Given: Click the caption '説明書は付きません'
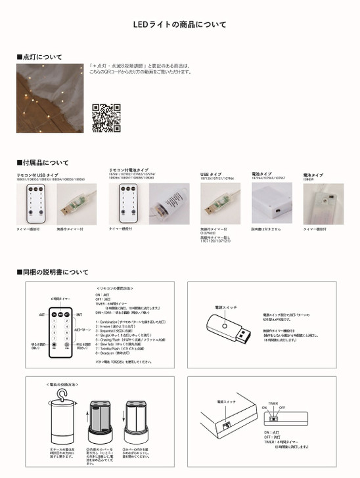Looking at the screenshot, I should [x=265, y=230].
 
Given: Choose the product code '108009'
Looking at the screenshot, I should [x=309, y=179].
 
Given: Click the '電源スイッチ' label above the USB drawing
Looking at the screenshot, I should [x=225, y=307].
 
